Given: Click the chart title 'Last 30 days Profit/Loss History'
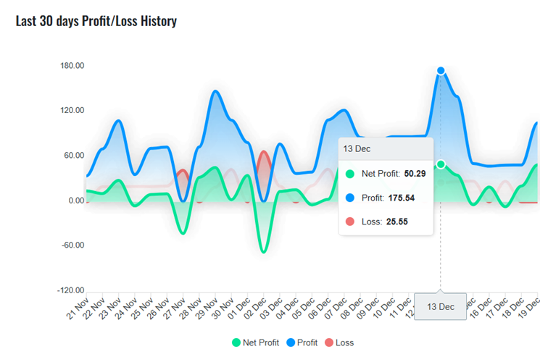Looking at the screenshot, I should (96, 20).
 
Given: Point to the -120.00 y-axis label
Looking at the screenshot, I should (71, 290).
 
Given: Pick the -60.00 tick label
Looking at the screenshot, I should (72, 245).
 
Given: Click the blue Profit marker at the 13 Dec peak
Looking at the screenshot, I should (441, 71).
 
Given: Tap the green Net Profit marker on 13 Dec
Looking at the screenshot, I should (441, 164).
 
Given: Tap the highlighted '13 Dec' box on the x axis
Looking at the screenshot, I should (440, 307).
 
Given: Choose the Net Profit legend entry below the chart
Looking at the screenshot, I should (254, 342).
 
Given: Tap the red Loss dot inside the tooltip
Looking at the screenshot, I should (350, 222).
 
